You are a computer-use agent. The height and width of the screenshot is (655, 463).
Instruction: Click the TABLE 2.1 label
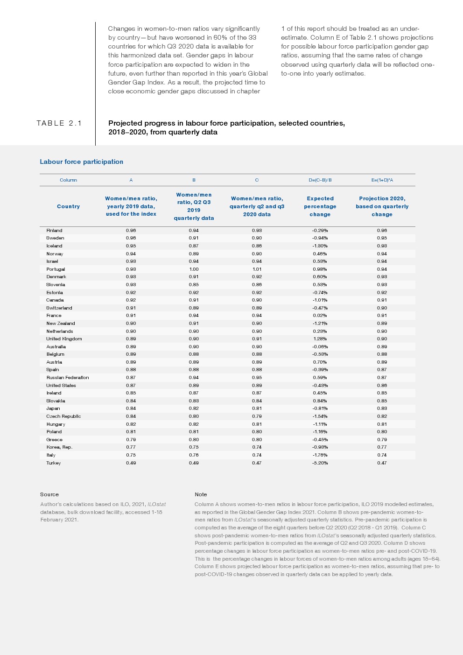tap(59, 123)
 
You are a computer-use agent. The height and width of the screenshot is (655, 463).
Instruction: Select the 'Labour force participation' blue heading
tap(82, 162)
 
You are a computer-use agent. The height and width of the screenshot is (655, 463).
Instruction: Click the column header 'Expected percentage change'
tap(320, 206)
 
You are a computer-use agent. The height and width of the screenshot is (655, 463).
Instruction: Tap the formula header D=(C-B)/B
tap(320, 180)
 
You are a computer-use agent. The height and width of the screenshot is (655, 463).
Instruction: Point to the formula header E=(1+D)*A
tap(382, 180)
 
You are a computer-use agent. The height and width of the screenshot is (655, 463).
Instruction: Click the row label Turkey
tap(54, 463)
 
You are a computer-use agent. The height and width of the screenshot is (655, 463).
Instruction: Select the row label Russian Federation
tap(68, 377)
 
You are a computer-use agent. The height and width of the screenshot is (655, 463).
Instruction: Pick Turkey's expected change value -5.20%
tap(320, 463)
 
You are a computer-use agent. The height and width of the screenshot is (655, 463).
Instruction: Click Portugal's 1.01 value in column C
tap(257, 269)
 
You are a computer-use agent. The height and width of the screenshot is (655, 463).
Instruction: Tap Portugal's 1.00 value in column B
tap(194, 269)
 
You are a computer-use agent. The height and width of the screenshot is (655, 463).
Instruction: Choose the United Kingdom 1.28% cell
tap(320, 338)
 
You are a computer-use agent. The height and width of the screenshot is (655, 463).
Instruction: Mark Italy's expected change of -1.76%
tap(320, 455)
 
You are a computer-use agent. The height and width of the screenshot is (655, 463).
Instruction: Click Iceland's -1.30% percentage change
tap(320, 246)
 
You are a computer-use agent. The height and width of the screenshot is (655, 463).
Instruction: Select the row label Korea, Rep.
tap(59, 447)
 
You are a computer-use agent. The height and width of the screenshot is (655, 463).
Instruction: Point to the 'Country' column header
tap(68, 206)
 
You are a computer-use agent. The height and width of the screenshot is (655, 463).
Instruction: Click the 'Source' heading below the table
tap(49, 494)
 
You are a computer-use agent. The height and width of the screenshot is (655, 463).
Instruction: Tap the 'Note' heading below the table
tap(201, 494)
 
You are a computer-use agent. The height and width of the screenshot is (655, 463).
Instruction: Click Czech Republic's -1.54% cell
tap(320, 416)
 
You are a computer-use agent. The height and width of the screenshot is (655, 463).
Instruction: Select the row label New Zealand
tap(61, 323)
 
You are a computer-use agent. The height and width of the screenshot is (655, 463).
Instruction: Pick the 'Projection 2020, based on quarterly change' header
tap(382, 206)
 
